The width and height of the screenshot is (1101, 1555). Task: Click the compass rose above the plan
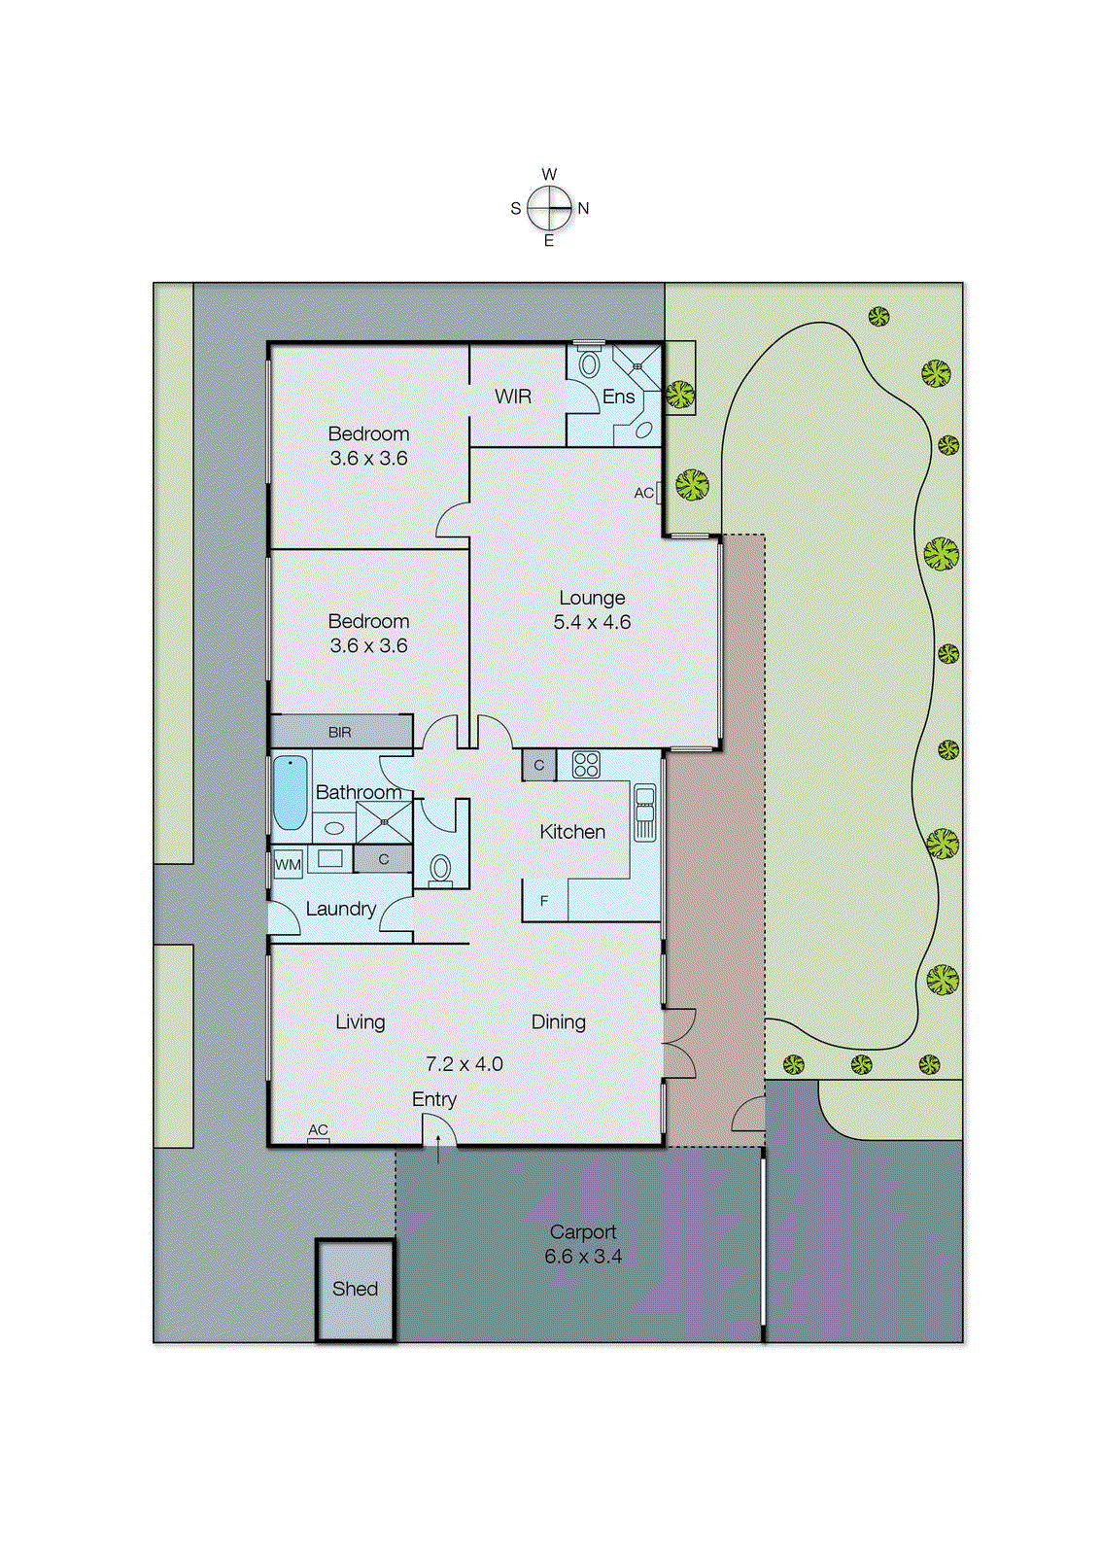tap(550, 207)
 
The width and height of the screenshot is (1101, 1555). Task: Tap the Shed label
tap(355, 1289)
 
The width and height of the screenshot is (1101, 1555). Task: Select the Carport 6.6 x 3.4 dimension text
tap(583, 1257)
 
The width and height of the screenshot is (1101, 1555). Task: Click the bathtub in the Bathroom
tap(290, 792)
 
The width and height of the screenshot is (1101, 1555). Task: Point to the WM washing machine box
tap(288, 864)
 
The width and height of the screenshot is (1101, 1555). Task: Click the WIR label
tap(512, 397)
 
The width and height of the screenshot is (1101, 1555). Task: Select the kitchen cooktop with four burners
tap(586, 765)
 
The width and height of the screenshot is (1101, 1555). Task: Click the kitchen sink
tap(645, 812)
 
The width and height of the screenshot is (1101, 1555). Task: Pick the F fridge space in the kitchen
tap(544, 901)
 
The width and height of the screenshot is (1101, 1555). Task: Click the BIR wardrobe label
tap(340, 732)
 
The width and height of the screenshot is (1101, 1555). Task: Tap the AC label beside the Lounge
tap(644, 493)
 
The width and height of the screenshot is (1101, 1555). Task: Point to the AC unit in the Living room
tap(319, 1139)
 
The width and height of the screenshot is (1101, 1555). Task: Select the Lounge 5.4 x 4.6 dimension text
tap(592, 622)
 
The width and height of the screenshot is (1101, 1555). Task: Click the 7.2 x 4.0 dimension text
tap(464, 1064)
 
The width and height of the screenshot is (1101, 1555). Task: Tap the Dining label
tap(559, 1021)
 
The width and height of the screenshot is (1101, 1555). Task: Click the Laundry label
tap(340, 909)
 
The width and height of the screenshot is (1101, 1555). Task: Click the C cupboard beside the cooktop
tap(539, 765)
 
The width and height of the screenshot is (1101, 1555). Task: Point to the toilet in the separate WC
tap(441, 868)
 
